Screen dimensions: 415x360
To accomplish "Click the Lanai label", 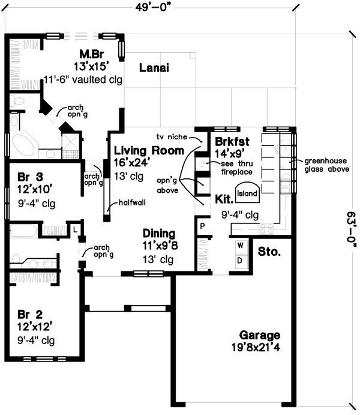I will click(x=154, y=68).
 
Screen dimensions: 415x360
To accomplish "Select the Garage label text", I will click(x=259, y=335).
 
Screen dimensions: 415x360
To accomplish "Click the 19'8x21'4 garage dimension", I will click(x=259, y=347).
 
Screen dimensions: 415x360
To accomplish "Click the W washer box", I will click(x=240, y=246).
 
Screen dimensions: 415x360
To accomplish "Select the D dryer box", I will click(x=240, y=261).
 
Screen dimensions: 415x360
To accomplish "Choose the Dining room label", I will click(x=158, y=233).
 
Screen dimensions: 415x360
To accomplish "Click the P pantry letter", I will click(x=202, y=226).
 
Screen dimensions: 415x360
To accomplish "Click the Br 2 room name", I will click(x=31, y=314).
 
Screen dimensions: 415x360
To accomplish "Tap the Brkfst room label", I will click(x=226, y=143).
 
